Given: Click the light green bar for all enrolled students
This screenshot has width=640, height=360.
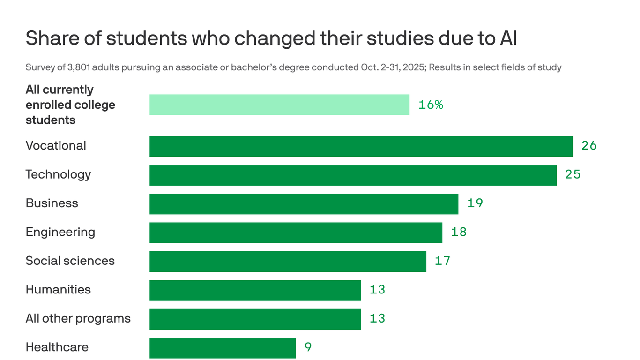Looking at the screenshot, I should pyautogui.click(x=279, y=105).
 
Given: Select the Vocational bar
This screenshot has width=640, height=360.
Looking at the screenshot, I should pyautogui.click(x=361, y=146).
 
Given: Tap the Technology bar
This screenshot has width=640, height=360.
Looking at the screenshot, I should pyautogui.click(x=353, y=175).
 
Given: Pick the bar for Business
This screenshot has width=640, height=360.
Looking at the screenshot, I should pyautogui.click(x=304, y=204).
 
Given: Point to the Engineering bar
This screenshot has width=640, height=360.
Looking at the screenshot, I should pyautogui.click(x=296, y=232).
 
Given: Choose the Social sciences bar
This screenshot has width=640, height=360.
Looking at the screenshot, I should pyautogui.click(x=288, y=262).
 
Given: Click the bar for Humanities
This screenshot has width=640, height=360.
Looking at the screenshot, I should pyautogui.click(x=255, y=290).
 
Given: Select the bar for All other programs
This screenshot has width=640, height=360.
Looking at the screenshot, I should pyautogui.click(x=255, y=319).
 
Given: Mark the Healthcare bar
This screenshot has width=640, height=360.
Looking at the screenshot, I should pyautogui.click(x=223, y=348).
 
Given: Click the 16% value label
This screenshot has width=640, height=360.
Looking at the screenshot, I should pyautogui.click(x=431, y=105).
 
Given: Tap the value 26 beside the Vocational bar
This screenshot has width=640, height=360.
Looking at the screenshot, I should pyautogui.click(x=589, y=146).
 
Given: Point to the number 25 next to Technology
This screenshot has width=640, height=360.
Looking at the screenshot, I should pyautogui.click(x=573, y=174).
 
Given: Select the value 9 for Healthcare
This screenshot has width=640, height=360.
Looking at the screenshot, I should pyautogui.click(x=308, y=347).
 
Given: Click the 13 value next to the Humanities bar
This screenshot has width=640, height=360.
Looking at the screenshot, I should pyautogui.click(x=377, y=290).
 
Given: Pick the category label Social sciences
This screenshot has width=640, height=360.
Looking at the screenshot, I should pyautogui.click(x=70, y=261).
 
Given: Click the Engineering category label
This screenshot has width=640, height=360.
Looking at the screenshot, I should pyautogui.click(x=60, y=232).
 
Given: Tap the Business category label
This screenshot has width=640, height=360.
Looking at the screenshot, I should pyautogui.click(x=52, y=203).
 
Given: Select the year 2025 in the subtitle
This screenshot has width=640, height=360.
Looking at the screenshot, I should pyautogui.click(x=414, y=67).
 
